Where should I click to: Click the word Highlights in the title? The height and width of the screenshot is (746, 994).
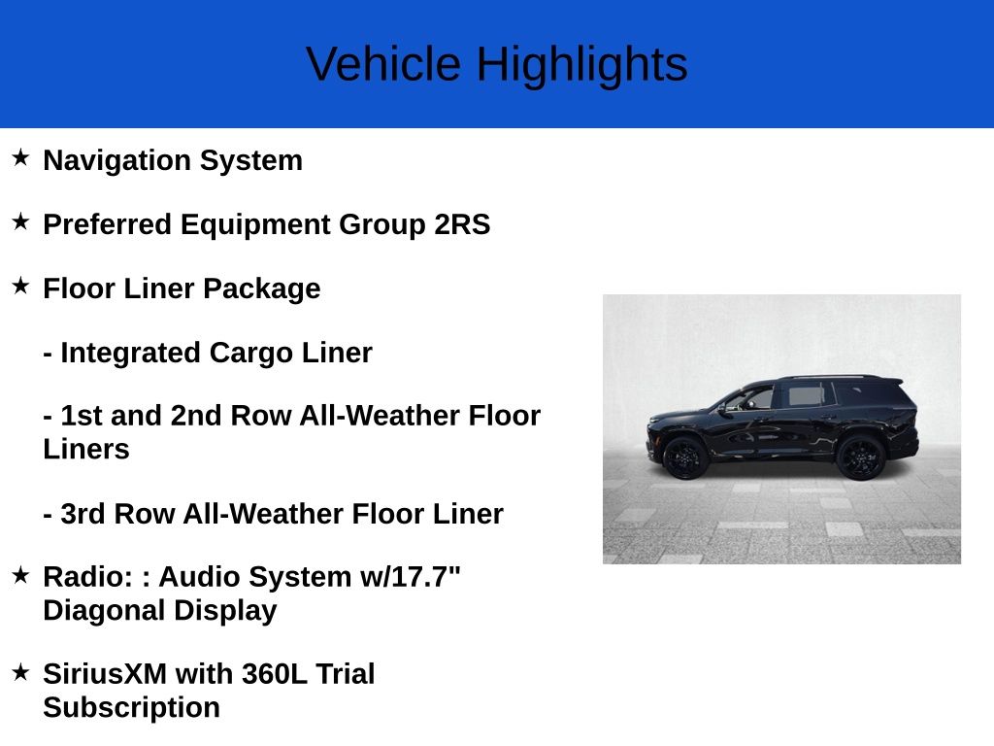point(581,65)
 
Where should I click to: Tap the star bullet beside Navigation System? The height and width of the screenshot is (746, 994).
point(20,157)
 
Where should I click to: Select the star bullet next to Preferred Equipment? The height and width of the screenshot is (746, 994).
point(20,221)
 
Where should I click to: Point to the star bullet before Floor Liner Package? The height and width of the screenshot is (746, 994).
point(20,286)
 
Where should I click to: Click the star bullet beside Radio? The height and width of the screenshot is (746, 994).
point(20,574)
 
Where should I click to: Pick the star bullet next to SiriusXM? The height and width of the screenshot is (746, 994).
point(20,671)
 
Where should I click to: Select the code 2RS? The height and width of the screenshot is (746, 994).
point(462,224)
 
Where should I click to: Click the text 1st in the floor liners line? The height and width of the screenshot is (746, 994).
point(80,416)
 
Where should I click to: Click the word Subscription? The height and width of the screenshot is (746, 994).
point(131,708)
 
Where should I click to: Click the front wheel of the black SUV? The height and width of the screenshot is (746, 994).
point(686,457)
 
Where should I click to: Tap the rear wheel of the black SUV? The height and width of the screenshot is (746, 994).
point(861,458)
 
